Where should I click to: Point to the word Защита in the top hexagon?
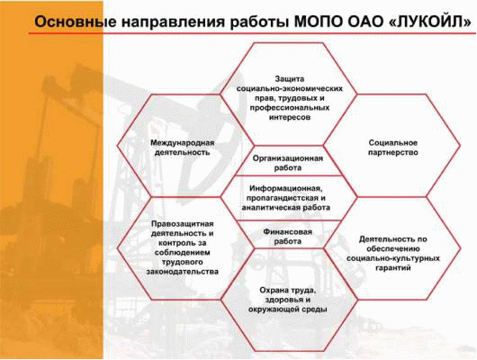click(x=289, y=79)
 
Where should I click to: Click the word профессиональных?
click(x=289, y=108)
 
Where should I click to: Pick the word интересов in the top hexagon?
click(x=289, y=118)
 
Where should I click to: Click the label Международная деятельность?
click(x=183, y=148)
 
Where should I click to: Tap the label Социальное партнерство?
click(x=393, y=148)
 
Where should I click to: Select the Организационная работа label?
click(x=288, y=163)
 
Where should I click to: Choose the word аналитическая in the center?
click(x=271, y=208)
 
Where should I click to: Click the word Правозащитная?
click(x=183, y=224)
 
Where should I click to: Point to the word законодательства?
click(x=183, y=272)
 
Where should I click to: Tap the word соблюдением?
click(x=183, y=253)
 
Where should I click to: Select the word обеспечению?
click(x=393, y=249)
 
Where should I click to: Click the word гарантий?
click(x=393, y=268)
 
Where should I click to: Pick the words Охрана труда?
click(x=288, y=291)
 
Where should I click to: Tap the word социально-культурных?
click(x=393, y=258)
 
